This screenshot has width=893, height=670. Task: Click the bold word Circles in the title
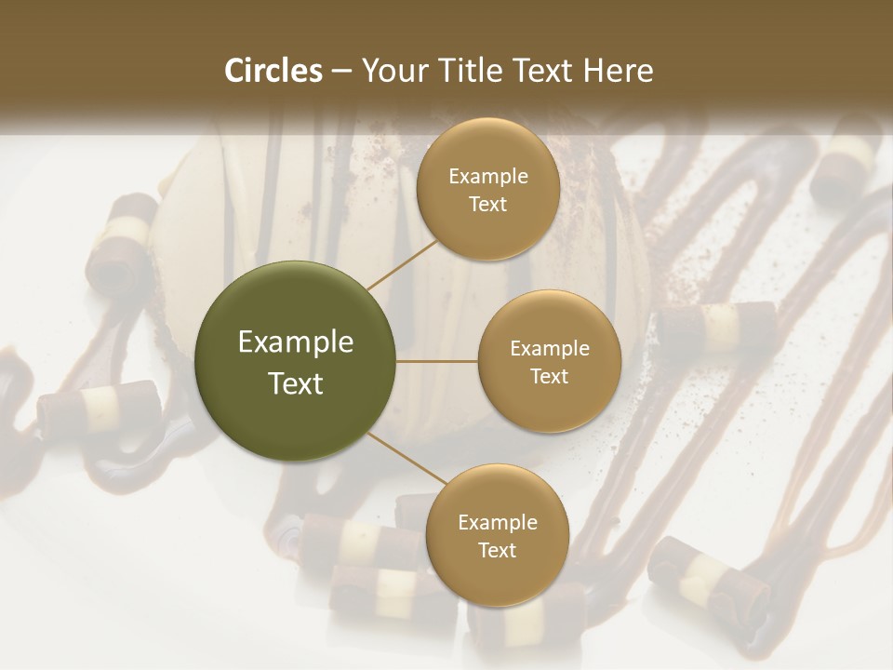point(273,71)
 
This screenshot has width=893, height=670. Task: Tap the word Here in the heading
point(619,71)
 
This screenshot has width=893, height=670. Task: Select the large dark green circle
point(296,361)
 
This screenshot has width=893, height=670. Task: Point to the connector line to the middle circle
point(437,361)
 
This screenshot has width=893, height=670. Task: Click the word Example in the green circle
point(296,342)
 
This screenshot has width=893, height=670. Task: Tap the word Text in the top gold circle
point(488,205)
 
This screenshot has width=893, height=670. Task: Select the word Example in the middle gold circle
point(550,349)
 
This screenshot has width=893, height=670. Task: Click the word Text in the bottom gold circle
point(498,551)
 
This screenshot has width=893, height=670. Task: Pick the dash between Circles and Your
point(341,72)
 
